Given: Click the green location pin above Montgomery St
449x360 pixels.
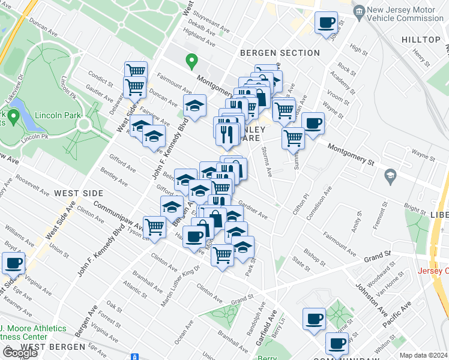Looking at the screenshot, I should [x=191, y=61].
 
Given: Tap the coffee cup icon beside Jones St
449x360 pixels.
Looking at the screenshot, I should [x=326, y=23].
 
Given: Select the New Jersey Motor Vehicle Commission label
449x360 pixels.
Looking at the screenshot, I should [x=405, y=14].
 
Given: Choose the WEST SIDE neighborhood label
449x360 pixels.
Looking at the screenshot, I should [x=79, y=193].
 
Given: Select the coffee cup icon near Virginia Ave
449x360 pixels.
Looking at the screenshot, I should [x=13, y=263].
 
